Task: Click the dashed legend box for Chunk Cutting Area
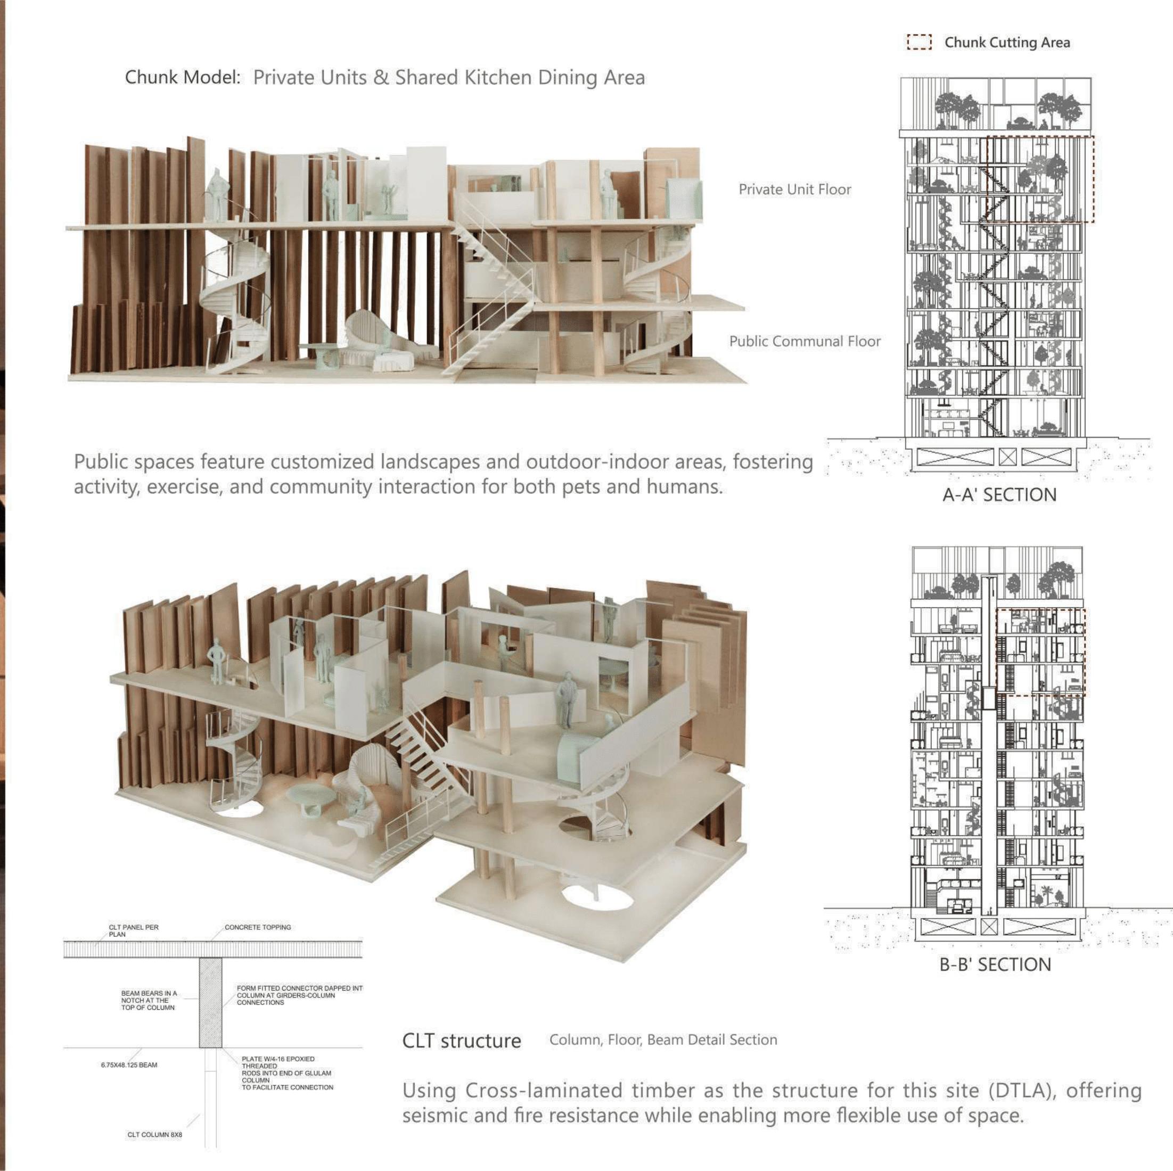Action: [x=918, y=42]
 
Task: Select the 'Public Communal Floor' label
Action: [x=805, y=341]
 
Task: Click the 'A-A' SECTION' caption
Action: [x=999, y=494]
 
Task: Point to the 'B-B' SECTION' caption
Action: [x=995, y=964]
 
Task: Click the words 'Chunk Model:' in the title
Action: [x=183, y=78]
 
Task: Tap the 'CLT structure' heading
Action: [x=462, y=1041]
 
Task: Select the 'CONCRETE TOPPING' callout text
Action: [x=257, y=927]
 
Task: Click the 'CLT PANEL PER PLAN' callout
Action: [x=133, y=930]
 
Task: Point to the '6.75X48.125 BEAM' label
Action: [x=129, y=1065]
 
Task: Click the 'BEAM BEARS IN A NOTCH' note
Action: [x=149, y=1001]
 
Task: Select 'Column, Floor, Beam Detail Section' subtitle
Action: [x=663, y=1040]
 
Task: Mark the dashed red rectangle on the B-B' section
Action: [x=1040, y=652]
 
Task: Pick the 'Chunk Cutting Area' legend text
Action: [x=1007, y=43]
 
